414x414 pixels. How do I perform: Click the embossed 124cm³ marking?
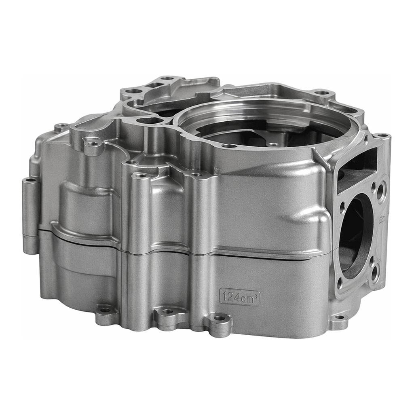[x=240, y=297]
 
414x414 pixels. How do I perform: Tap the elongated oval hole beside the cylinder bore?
[x=150, y=121]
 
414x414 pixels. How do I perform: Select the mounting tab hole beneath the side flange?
[x=340, y=317]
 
